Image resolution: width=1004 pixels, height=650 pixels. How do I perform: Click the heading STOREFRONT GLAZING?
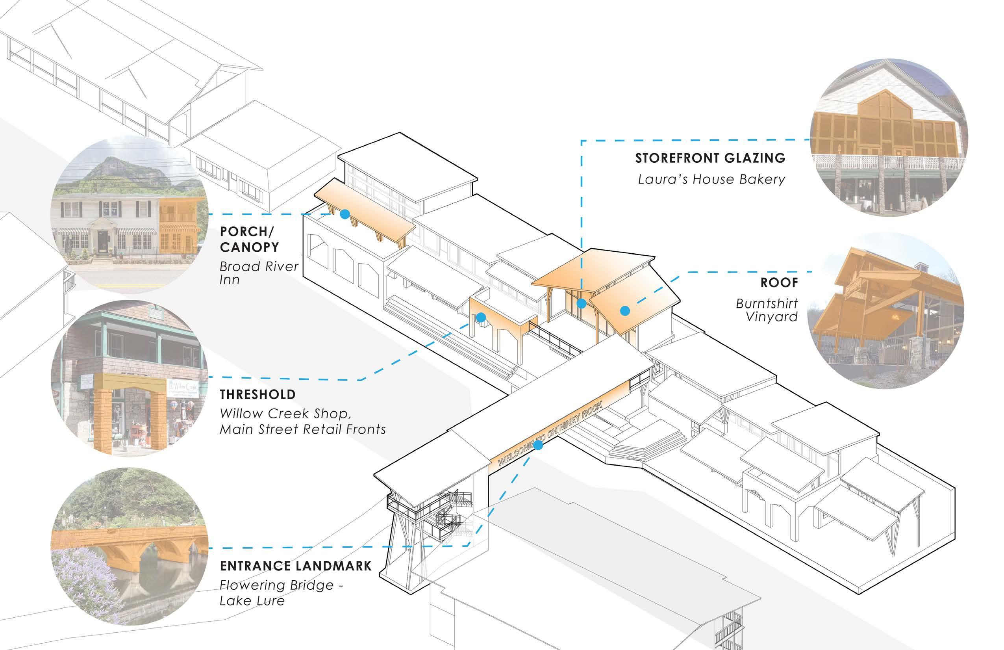(x=710, y=158)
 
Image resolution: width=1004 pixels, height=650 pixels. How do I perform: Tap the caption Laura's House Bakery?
(x=711, y=179)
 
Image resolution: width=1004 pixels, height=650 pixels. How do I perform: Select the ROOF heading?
(x=779, y=282)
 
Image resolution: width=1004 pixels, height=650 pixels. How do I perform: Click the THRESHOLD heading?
(x=257, y=395)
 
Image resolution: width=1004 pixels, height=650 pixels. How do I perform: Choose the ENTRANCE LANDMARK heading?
(x=295, y=566)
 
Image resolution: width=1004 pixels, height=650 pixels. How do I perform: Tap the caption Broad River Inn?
(x=258, y=273)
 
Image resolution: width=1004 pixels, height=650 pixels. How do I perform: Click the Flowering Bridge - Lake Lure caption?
(x=280, y=592)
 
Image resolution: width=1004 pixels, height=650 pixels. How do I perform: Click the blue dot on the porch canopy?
(x=345, y=214)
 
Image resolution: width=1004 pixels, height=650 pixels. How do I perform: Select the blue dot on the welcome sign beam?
(x=538, y=445)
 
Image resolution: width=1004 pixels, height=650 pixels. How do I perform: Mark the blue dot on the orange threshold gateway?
(x=481, y=318)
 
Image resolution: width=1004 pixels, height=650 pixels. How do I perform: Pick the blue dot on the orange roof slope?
(x=625, y=311)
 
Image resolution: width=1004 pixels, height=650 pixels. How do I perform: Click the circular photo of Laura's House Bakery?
(x=889, y=137)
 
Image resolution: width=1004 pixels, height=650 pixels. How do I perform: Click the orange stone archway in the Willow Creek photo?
(x=129, y=409)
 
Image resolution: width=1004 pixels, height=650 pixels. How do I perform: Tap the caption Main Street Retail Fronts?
(x=302, y=430)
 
